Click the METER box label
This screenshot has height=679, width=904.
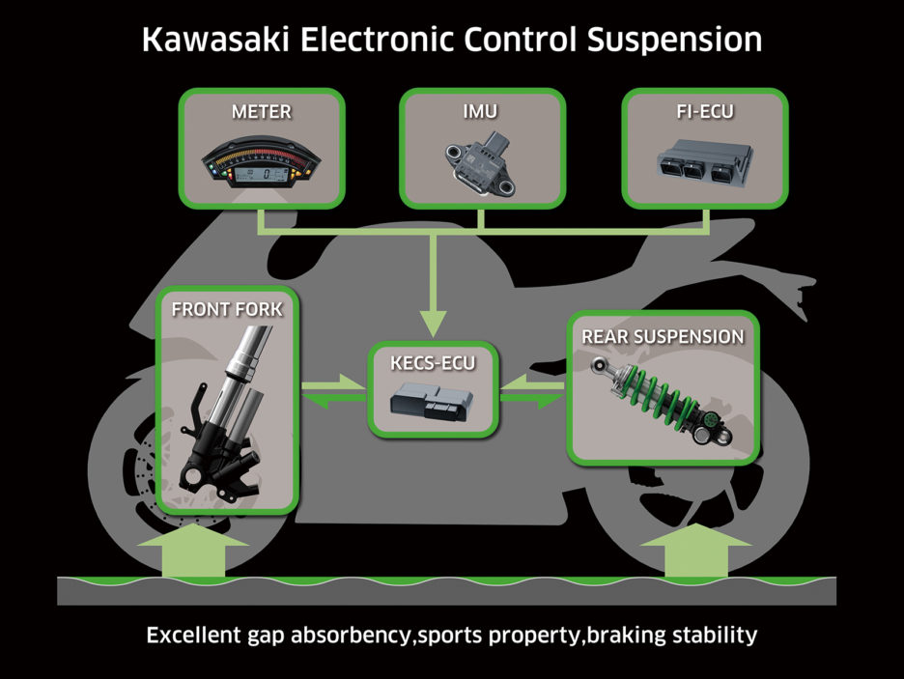[261, 112]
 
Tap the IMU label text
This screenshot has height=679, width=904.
[481, 112]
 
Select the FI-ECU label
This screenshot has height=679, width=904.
[705, 112]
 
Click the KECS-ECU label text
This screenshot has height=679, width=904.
[435, 364]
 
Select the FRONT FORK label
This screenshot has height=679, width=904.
[227, 310]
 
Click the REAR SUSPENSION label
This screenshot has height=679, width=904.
[663, 336]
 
